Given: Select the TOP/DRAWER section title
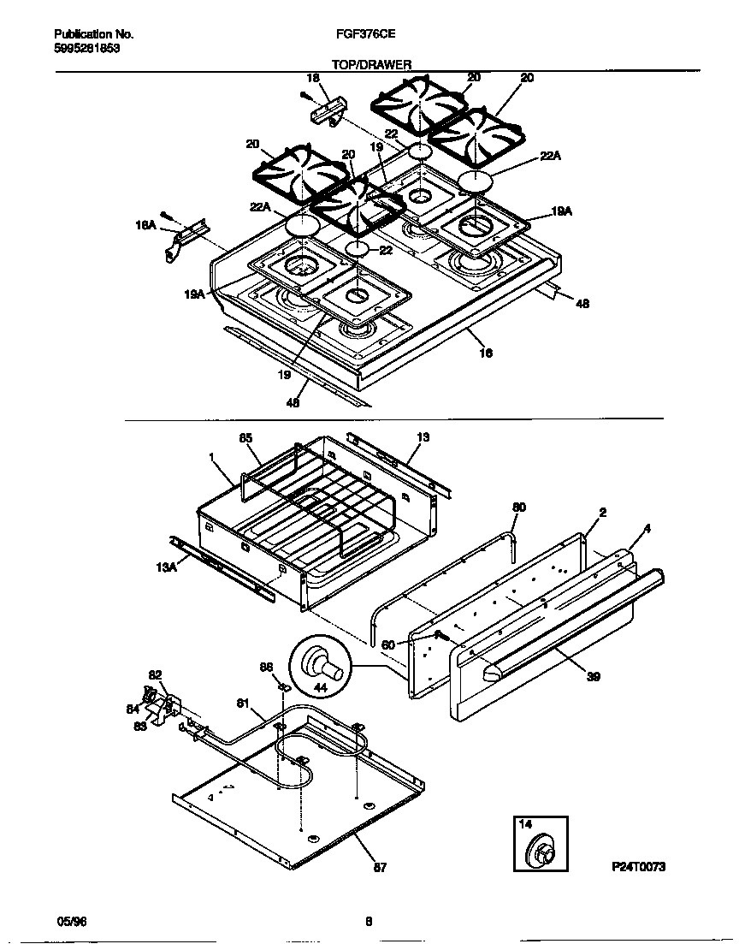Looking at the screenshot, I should coord(371,64).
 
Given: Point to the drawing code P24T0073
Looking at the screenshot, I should coord(638,867).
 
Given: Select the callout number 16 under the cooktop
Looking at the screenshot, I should coord(486,353).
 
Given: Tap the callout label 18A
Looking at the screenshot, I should coord(145,225).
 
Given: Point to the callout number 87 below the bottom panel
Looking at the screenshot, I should coord(380,868).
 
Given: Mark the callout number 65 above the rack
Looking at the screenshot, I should coord(245,438).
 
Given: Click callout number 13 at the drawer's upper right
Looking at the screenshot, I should coord(423,437).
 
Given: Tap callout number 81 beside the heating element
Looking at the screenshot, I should coord(244,704).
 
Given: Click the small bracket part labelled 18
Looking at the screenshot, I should coord(328,111).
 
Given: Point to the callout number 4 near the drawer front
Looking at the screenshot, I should coord(647,529).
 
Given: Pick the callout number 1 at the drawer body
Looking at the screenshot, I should coord(210,457).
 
